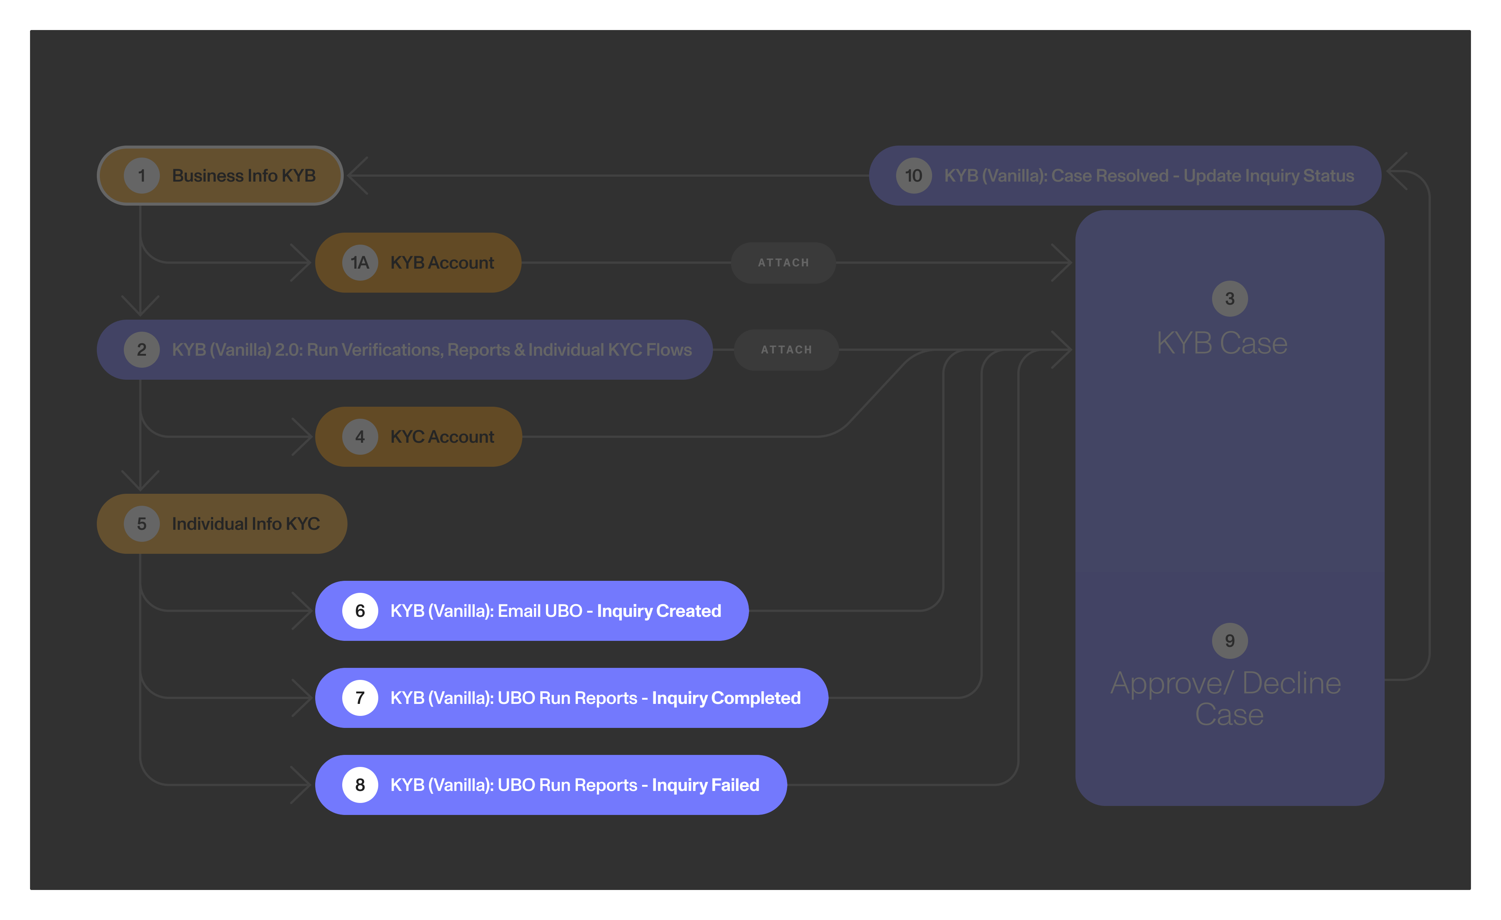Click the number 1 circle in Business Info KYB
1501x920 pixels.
click(141, 176)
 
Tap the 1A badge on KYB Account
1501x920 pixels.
click(360, 263)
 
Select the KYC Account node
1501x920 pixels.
click(418, 437)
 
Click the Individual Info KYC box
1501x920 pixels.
click(222, 524)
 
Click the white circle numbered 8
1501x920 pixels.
click(360, 785)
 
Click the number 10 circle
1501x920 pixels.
click(913, 176)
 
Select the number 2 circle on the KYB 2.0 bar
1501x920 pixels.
click(141, 350)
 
